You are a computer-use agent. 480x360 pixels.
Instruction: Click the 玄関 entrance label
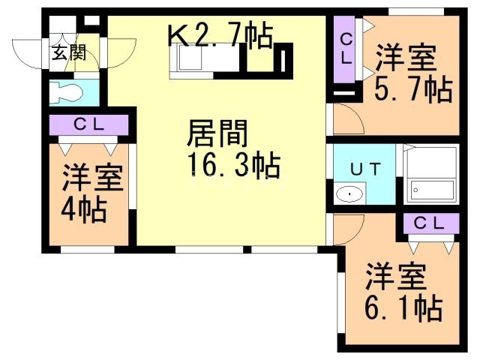pos(69,52)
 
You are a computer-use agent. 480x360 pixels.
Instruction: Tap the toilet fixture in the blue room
pos(66,91)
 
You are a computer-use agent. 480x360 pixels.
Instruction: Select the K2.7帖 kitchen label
pos(220,34)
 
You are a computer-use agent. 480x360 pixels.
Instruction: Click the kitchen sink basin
pos(190,58)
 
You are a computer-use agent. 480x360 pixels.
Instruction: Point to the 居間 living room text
pos(217,133)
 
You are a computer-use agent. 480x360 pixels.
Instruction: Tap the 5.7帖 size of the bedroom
pos(413,90)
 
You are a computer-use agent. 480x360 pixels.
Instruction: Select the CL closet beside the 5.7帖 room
pos(346,49)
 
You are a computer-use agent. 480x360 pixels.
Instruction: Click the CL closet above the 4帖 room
pos(89,124)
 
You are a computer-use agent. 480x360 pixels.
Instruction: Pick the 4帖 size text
pos(84,210)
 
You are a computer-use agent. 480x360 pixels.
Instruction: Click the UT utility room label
pos(365,169)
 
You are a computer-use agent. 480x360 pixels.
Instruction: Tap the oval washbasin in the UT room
pos(349,193)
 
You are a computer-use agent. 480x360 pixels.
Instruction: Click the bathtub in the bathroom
pos(433,190)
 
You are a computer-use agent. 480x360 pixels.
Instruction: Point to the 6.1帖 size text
pos(403,307)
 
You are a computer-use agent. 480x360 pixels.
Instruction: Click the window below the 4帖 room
pos(88,250)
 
